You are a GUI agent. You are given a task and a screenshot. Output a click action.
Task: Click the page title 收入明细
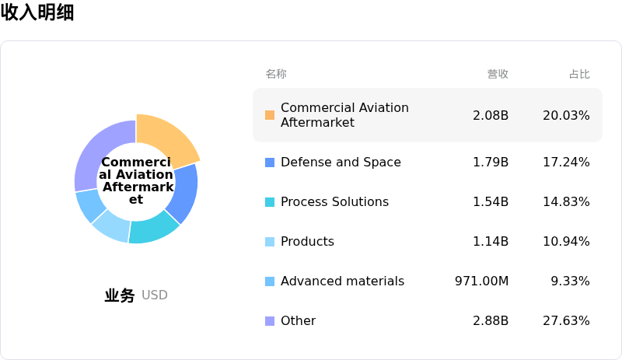click(x=37, y=12)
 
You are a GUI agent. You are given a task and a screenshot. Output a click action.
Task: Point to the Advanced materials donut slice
click(x=89, y=205)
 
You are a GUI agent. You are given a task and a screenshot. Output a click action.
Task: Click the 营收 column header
click(x=498, y=74)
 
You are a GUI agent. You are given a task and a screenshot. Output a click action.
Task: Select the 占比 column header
click(x=579, y=74)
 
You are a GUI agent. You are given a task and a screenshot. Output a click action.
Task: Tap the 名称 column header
click(x=276, y=74)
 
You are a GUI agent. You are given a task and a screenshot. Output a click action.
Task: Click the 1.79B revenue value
click(x=491, y=163)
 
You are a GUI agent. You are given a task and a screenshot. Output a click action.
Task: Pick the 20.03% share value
click(x=566, y=115)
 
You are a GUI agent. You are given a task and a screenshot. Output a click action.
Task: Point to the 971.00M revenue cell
click(x=481, y=281)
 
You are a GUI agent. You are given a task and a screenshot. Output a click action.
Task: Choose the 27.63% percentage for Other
click(x=566, y=321)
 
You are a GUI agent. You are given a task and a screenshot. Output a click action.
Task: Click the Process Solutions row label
click(x=334, y=202)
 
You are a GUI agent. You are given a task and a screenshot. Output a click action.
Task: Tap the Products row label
click(x=307, y=242)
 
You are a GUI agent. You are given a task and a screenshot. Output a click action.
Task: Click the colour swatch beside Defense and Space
click(x=270, y=163)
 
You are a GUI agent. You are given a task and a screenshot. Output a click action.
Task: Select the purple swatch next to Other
click(x=270, y=321)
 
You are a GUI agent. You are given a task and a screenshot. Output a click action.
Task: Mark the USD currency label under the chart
click(x=155, y=295)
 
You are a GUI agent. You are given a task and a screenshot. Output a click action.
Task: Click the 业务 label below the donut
click(x=120, y=295)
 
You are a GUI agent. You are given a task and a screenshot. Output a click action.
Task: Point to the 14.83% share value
click(x=566, y=202)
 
